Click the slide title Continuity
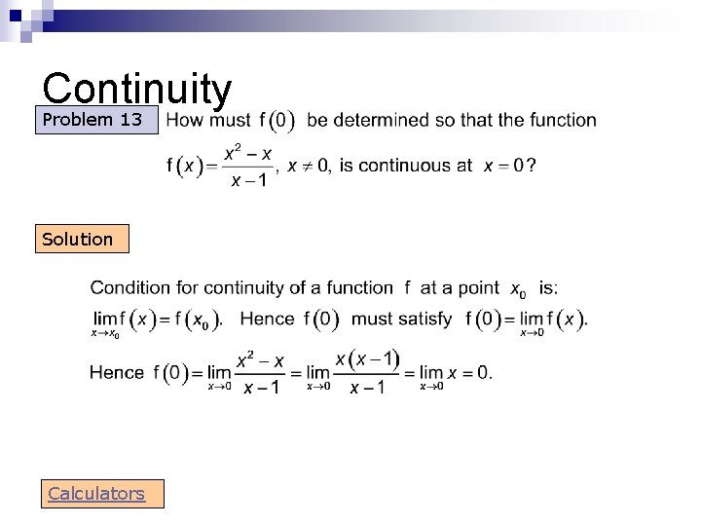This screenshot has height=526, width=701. pyautogui.click(x=137, y=89)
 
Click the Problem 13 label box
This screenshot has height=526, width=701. pyautogui.click(x=95, y=121)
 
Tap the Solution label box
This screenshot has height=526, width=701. pyautogui.click(x=82, y=239)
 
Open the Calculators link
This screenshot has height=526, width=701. pyautogui.click(x=96, y=494)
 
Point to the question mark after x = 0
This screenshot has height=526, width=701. pyautogui.click(x=530, y=166)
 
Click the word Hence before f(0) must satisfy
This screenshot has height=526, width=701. pyautogui.click(x=267, y=319)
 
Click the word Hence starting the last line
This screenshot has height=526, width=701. pyautogui.click(x=116, y=371)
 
